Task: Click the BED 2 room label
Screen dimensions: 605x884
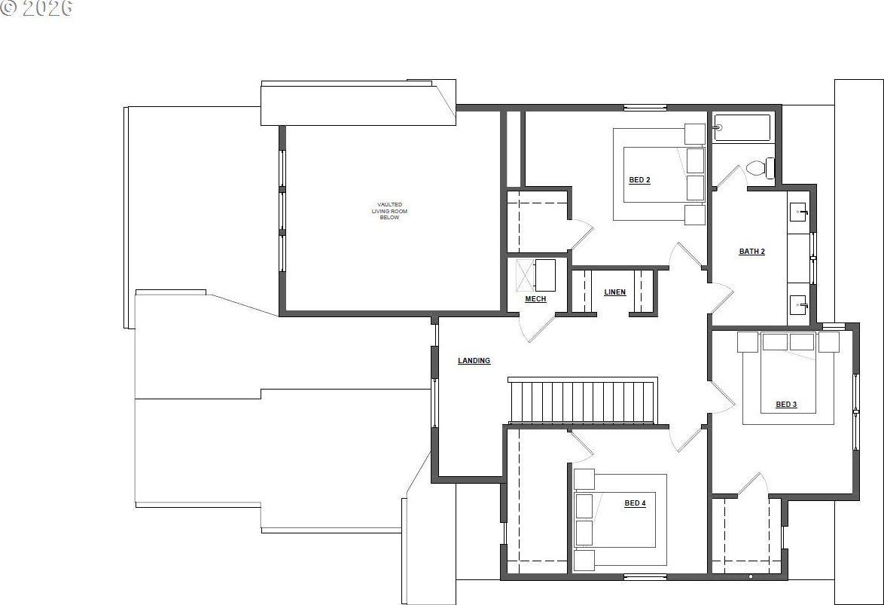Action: coord(639,180)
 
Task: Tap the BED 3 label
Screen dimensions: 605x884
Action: coord(785,405)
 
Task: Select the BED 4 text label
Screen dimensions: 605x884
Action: coord(634,503)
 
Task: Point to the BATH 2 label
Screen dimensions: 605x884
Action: coord(751,252)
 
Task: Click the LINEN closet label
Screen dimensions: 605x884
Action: coord(614,292)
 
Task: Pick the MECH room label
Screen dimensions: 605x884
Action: coord(535,299)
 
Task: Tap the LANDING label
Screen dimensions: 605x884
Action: coord(474,361)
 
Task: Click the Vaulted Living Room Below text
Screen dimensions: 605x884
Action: coord(389,211)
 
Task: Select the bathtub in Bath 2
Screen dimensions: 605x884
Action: coord(742,128)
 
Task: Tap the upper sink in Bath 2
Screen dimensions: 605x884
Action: coord(798,211)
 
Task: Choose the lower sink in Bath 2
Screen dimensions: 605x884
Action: coord(798,305)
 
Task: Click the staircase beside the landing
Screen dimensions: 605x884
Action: coord(582,402)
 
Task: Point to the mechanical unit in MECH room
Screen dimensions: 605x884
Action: coord(544,275)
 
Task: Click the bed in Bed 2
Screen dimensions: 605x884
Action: coord(655,174)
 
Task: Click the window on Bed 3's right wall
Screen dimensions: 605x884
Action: coord(855,411)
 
